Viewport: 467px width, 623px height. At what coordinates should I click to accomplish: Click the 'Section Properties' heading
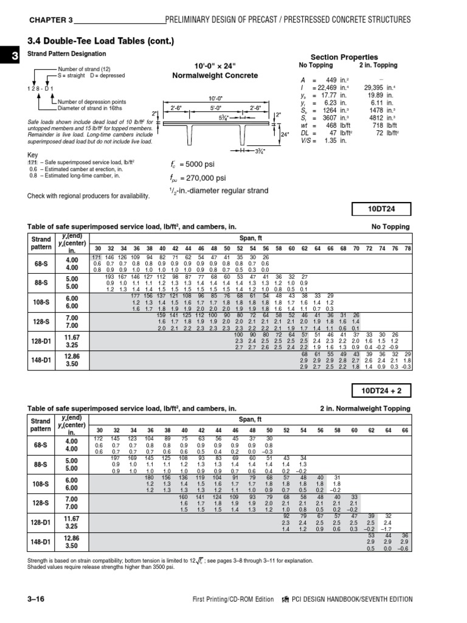353,57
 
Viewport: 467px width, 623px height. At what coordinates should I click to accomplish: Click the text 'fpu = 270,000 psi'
199,178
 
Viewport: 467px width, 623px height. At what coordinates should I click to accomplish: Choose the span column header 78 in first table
408,249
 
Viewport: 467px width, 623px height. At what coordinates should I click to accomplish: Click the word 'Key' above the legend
33,155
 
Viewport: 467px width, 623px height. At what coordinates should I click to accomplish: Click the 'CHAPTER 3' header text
50,20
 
